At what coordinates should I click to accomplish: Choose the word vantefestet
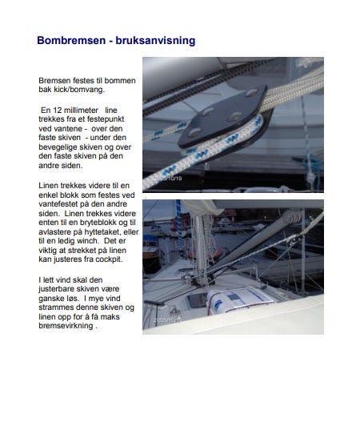(x=59, y=203)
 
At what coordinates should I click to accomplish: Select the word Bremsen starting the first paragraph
(x=54, y=81)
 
